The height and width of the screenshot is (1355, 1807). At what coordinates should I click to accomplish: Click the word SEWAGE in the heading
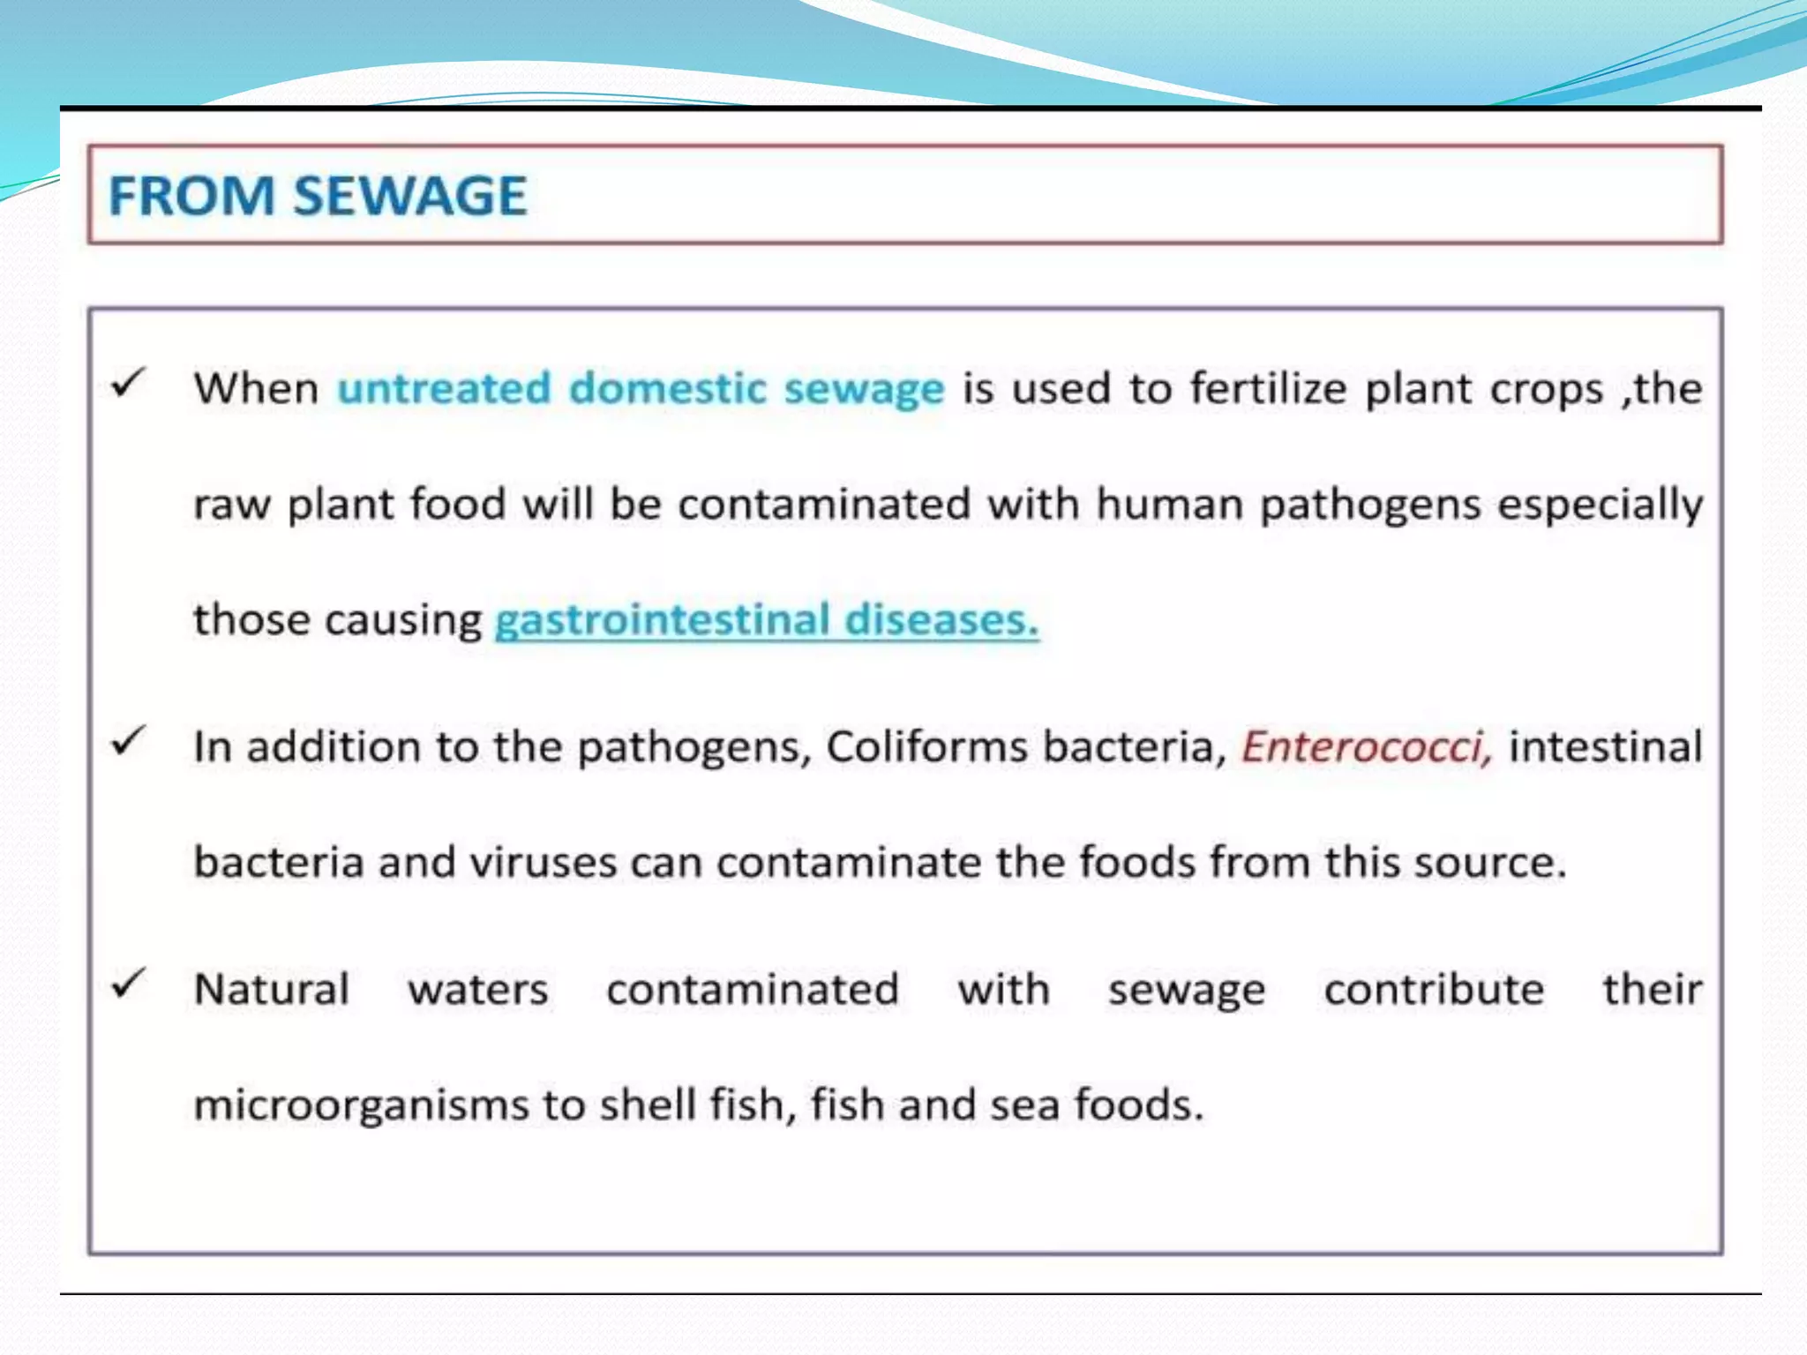point(409,196)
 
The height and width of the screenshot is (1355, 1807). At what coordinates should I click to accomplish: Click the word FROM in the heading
point(191,196)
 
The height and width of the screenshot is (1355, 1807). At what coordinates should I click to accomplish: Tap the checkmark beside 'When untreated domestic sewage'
point(128,383)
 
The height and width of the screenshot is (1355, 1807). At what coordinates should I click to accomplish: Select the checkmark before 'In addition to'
point(128,741)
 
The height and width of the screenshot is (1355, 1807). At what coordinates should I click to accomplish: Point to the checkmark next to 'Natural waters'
point(128,983)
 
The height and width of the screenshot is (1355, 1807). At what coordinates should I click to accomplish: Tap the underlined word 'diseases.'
point(941,619)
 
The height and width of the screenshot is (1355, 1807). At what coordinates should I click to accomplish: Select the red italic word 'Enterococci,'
point(1367,746)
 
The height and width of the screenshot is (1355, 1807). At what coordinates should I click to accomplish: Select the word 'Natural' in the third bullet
point(272,990)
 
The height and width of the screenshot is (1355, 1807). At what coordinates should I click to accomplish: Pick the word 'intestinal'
point(1605,746)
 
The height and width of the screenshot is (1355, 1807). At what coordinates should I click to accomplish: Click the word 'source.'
point(1490,863)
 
